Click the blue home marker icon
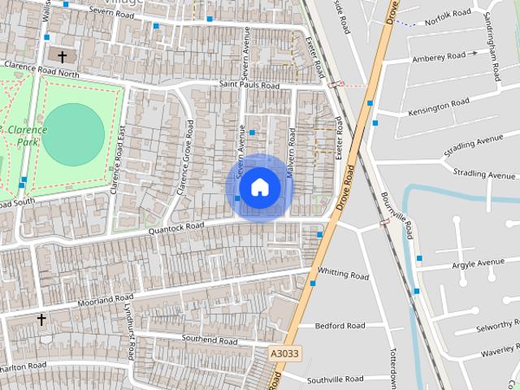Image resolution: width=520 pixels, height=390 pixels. click(x=259, y=187)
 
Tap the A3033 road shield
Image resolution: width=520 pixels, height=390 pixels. click(x=284, y=353)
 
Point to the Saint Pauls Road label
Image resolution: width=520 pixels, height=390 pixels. click(x=249, y=85)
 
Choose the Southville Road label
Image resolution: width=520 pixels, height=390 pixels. click(x=335, y=379)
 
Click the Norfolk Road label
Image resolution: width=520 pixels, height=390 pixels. click(x=448, y=14)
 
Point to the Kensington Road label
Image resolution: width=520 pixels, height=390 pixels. click(x=439, y=106)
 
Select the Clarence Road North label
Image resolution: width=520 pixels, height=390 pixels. click(x=41, y=70)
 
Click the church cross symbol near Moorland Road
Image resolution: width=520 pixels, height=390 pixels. click(x=41, y=320)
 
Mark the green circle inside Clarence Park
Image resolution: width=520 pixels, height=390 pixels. click(x=73, y=134)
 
